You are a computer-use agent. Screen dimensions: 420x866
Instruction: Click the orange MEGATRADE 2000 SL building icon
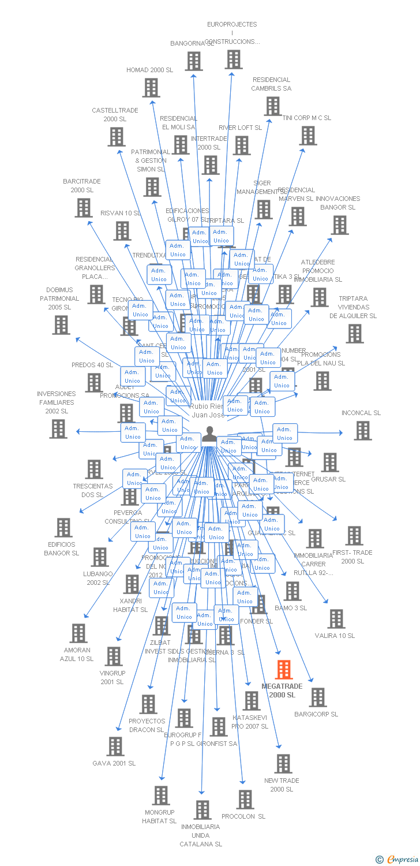coord(283,670)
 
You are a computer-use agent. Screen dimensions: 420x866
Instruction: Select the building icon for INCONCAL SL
coord(362,430)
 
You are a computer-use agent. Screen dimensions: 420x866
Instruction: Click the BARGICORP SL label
coord(316,714)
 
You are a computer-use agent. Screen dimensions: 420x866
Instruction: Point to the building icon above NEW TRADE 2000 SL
coord(283,763)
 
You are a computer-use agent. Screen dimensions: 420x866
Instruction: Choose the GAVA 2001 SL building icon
coord(115,746)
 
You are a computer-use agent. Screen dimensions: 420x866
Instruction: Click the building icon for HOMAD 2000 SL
coord(151,88)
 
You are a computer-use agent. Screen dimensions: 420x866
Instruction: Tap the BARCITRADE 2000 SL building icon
coord(84,208)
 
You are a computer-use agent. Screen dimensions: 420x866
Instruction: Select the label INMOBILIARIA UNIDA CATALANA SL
coord(201,835)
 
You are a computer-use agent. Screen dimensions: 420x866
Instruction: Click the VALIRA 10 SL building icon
coord(336,618)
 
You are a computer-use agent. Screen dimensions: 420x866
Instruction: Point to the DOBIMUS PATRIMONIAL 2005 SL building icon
coord(61,325)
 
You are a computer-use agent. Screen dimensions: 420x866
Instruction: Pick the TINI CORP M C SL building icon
coord(308,136)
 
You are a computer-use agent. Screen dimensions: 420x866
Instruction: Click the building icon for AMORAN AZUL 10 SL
coord(78,633)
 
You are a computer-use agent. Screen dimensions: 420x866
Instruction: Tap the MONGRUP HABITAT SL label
coord(159,816)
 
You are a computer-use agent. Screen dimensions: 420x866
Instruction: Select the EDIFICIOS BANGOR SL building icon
coord(63,527)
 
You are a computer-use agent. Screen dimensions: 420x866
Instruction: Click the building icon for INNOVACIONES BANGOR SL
coord(340,225)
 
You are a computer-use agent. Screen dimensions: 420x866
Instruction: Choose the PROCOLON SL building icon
coord(245,800)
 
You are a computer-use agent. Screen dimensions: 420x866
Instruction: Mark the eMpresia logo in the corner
coord(397,860)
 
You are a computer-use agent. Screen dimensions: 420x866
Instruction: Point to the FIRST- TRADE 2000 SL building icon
coord(354,535)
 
